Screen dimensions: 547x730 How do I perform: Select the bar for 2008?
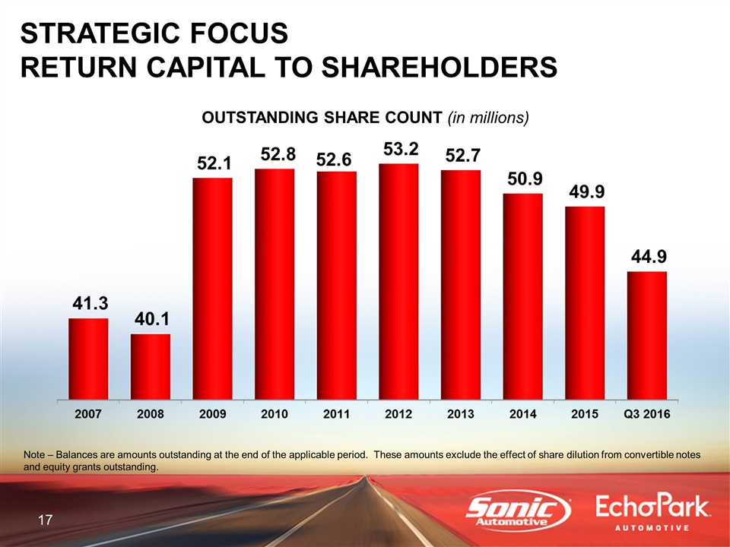coord(151,365)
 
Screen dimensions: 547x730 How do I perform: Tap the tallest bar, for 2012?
coord(398,280)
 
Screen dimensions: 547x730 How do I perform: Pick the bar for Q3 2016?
coord(647,334)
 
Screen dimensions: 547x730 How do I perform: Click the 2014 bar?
coord(523,296)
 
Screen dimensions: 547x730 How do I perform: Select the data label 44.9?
coord(648,256)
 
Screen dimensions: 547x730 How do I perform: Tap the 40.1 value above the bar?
coord(152,319)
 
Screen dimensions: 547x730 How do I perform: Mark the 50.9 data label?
coord(524,179)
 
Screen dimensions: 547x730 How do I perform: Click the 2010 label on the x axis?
coord(274,414)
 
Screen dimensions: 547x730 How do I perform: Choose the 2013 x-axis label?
coord(461,414)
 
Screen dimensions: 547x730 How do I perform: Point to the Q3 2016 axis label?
coord(647,414)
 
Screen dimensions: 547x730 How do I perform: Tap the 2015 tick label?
coord(585,414)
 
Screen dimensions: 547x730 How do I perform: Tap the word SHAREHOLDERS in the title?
coord(439,66)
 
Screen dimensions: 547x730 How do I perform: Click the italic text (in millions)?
coord(487,119)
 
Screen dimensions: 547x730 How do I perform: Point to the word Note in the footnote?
coord(36,454)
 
